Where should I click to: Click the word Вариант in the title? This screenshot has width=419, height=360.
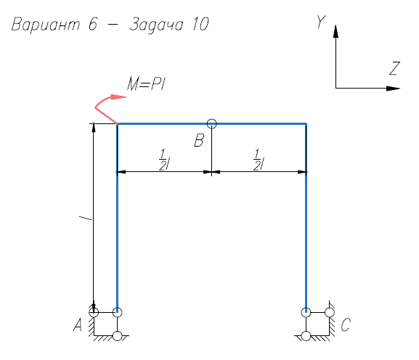click(x=46, y=24)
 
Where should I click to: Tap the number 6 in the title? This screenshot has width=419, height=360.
click(x=93, y=24)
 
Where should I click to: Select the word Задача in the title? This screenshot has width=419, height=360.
click(x=156, y=25)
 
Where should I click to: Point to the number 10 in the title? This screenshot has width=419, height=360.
click(x=200, y=24)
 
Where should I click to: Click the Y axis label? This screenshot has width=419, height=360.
click(x=321, y=21)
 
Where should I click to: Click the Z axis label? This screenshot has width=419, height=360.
click(x=394, y=68)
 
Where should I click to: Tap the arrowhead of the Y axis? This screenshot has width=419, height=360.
click(x=336, y=31)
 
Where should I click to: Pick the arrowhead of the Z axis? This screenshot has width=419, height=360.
click(x=393, y=88)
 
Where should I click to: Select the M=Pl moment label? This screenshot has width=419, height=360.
click(x=146, y=84)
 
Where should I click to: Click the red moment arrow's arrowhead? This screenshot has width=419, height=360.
click(x=119, y=97)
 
